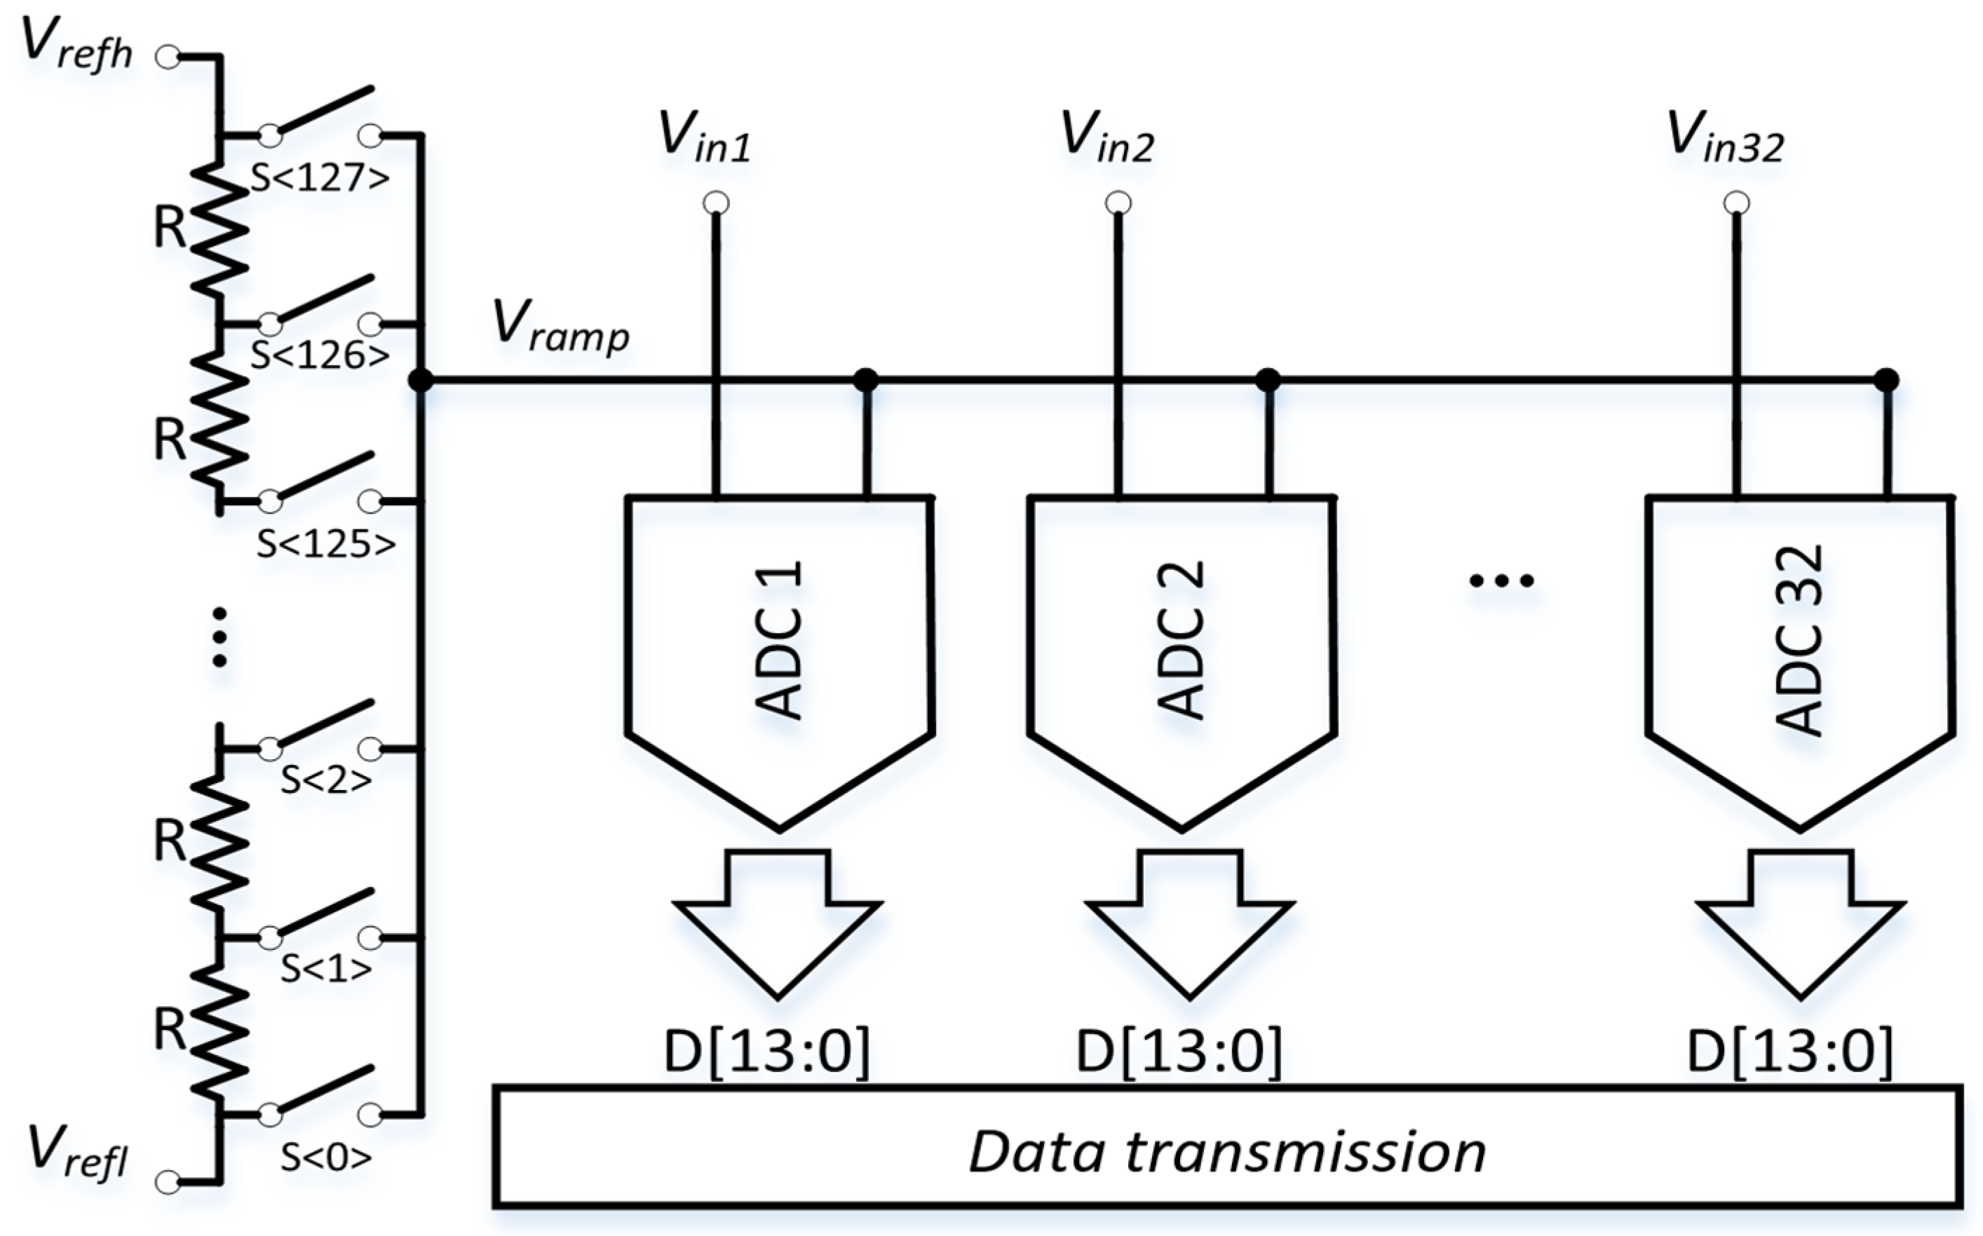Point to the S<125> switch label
coord(326,543)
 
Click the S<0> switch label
coord(326,1156)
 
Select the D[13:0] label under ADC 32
coord(1790,1051)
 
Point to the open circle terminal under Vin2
coord(1118,203)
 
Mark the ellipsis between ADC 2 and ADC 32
coord(1501,580)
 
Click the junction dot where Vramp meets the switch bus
coord(420,380)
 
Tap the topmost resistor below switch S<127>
coord(219,229)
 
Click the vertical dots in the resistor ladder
coord(219,637)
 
